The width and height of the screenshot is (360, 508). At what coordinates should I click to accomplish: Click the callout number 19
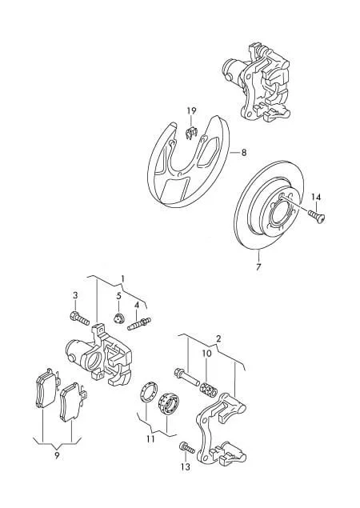tap(191, 111)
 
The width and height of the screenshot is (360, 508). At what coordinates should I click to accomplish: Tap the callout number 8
tap(244, 152)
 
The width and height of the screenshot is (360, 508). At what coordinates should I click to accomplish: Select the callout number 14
tap(316, 197)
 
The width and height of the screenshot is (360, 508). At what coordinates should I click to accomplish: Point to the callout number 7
tap(258, 267)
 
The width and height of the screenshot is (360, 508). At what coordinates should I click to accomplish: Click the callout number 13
tap(186, 467)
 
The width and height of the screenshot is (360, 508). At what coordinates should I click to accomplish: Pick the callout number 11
tap(150, 439)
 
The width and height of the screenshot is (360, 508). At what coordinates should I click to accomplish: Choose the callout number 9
tap(57, 455)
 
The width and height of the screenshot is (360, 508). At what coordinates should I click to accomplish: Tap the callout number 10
tap(206, 354)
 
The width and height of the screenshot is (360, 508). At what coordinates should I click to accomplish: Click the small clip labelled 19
tap(192, 133)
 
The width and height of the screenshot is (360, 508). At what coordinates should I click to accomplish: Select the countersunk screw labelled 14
tap(317, 216)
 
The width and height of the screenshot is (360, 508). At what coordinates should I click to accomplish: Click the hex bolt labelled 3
tap(79, 318)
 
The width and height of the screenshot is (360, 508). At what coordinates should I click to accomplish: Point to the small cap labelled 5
tap(119, 318)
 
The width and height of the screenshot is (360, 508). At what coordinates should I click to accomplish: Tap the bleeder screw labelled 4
tap(139, 324)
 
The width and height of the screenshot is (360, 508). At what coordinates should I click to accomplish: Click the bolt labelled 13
tap(186, 448)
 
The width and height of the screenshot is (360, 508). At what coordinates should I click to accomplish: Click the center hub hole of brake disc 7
tap(282, 216)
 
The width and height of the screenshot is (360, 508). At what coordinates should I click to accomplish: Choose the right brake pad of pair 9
tap(73, 402)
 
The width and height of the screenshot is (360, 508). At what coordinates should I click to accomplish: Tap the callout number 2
tap(218, 339)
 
